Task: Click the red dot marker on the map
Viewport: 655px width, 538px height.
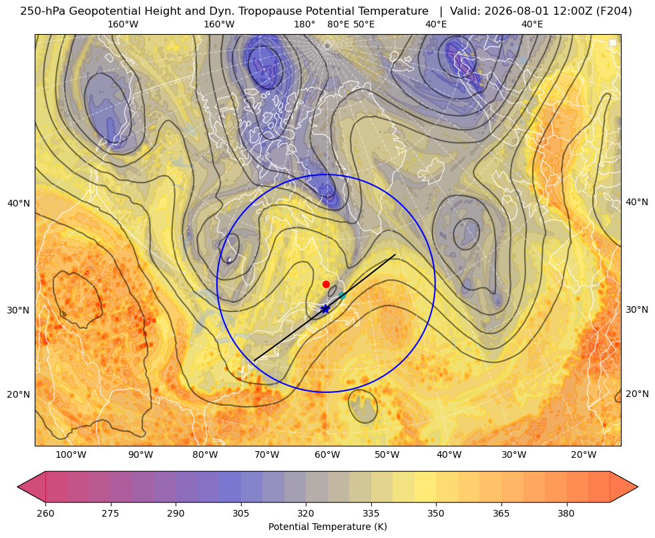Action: point(326,284)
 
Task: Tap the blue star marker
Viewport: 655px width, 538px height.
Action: point(325,309)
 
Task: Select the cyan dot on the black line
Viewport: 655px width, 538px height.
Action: point(342,296)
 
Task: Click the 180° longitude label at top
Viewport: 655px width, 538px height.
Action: point(304,24)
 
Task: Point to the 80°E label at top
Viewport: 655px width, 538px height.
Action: point(338,24)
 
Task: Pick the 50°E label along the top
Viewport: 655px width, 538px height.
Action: point(364,24)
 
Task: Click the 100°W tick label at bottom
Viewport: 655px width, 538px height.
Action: point(71,454)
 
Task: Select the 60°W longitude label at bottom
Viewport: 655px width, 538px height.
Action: point(327,454)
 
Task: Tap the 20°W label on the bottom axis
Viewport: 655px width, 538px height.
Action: point(584,454)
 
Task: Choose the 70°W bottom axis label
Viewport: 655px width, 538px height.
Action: point(266,454)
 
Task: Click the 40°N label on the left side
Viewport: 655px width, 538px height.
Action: point(19,203)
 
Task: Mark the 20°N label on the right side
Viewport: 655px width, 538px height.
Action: point(637,394)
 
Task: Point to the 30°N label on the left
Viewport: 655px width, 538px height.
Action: point(19,310)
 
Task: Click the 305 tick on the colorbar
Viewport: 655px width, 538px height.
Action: point(240,513)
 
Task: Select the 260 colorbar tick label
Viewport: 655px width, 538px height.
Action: point(45,513)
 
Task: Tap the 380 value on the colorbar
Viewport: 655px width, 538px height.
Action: point(566,513)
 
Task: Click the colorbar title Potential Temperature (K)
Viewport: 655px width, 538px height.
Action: point(327,527)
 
